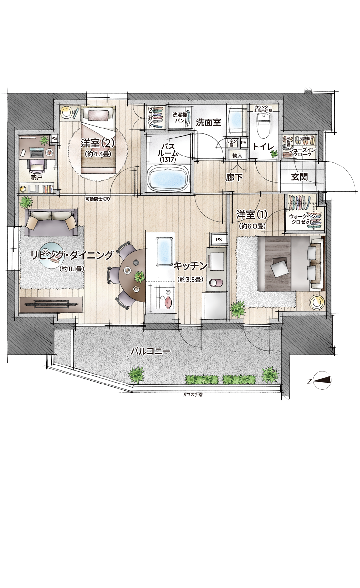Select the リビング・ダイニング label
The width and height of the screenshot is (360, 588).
[x=72, y=255]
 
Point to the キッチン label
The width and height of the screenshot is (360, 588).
[x=190, y=266]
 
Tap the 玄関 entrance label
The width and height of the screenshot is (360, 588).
[x=299, y=177]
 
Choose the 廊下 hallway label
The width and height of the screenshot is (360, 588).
[x=234, y=177]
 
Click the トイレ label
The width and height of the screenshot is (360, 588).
[x=263, y=147]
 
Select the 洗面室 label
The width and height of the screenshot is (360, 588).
[x=208, y=122]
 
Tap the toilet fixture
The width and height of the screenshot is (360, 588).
[x=263, y=124]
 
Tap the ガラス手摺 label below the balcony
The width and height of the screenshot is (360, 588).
[x=192, y=395]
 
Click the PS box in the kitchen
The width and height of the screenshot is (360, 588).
[x=219, y=240]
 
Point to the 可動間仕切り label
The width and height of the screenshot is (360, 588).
[x=98, y=199]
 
